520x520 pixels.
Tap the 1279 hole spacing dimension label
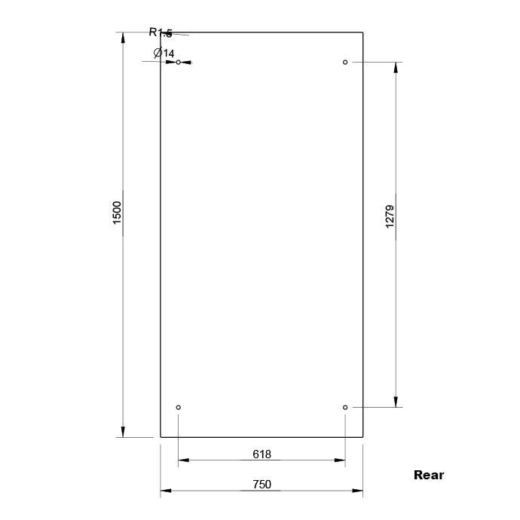[x=390, y=216]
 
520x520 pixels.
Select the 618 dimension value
[x=262, y=454]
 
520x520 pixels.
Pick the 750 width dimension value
[x=262, y=485]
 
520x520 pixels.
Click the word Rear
[x=429, y=475]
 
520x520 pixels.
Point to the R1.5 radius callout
[x=161, y=32]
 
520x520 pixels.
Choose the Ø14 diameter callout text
[x=164, y=53]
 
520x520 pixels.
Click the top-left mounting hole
[x=179, y=62]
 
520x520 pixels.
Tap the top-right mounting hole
[x=345, y=62]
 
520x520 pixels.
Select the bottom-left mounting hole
[x=179, y=408]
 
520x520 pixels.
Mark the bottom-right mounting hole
[x=345, y=408]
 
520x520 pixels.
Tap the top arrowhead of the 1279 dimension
[x=395, y=67]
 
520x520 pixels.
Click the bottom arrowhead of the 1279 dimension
[x=395, y=402]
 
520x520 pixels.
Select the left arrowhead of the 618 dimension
[x=184, y=460]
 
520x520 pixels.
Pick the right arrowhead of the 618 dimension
[x=340, y=460]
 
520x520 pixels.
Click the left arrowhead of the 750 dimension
[x=166, y=491]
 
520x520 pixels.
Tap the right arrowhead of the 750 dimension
[x=358, y=491]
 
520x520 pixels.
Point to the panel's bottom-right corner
[x=363, y=437]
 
